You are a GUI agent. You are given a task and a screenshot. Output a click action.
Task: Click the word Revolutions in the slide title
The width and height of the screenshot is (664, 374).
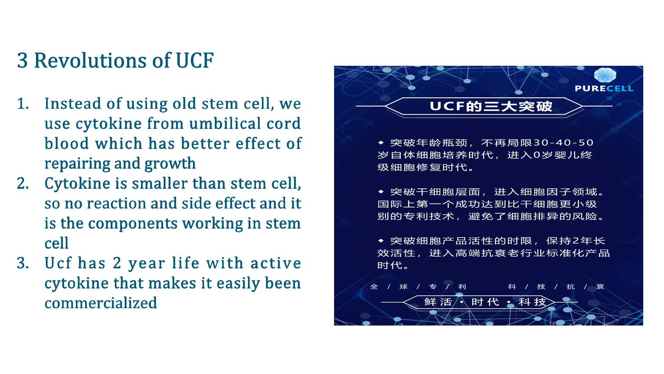pos(91,61)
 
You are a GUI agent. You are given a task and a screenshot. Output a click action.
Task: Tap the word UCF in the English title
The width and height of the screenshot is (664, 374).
pos(195,61)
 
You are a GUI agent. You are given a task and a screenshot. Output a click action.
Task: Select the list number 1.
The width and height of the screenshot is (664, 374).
pos(23,104)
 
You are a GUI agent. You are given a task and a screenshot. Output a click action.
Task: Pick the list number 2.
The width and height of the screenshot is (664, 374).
pos(23,183)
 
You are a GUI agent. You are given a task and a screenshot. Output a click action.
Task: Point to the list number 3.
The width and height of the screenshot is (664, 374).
pos(23,263)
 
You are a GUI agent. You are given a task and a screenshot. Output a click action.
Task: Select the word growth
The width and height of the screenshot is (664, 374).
pos(170,164)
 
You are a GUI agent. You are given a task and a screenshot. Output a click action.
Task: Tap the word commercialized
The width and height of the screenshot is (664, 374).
pos(101,303)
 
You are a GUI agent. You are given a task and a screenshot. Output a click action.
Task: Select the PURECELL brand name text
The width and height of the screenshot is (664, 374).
pos(604,89)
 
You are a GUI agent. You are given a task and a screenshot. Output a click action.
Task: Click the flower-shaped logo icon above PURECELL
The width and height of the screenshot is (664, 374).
pos(605,75)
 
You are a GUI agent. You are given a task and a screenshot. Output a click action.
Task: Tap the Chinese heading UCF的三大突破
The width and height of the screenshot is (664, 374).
pos(491,106)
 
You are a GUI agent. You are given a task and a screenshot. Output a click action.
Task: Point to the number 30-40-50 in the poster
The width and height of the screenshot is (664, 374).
pos(564,143)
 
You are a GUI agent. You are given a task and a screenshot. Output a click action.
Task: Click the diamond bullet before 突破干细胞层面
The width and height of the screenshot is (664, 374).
pos(381,192)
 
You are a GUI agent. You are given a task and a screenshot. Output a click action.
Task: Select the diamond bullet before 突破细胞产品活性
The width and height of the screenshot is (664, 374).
pos(381,240)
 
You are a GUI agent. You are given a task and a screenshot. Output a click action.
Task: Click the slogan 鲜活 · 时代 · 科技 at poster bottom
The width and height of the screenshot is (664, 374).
pos(485,302)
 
